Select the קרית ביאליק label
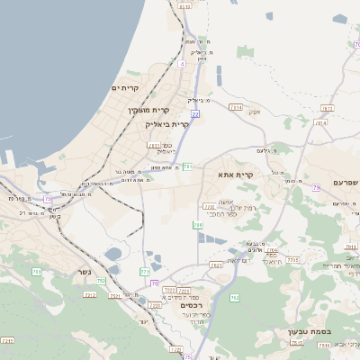[x=167, y=124]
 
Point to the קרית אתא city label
[x=237, y=175]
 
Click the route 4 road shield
[x=182, y=64]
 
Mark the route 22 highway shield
[x=194, y=115]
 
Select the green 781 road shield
[x=187, y=166]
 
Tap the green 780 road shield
[x=197, y=225]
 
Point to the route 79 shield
[x=316, y=187]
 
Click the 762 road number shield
[x=236, y=297]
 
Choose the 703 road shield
[x=36, y=271]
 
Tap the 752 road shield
[x=101, y=281]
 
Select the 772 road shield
[x=145, y=271]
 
